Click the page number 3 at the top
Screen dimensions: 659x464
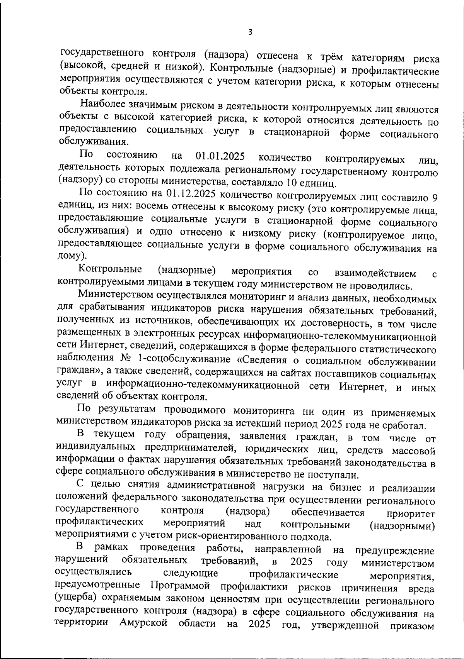(250, 32)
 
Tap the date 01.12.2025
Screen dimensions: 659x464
(190, 194)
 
